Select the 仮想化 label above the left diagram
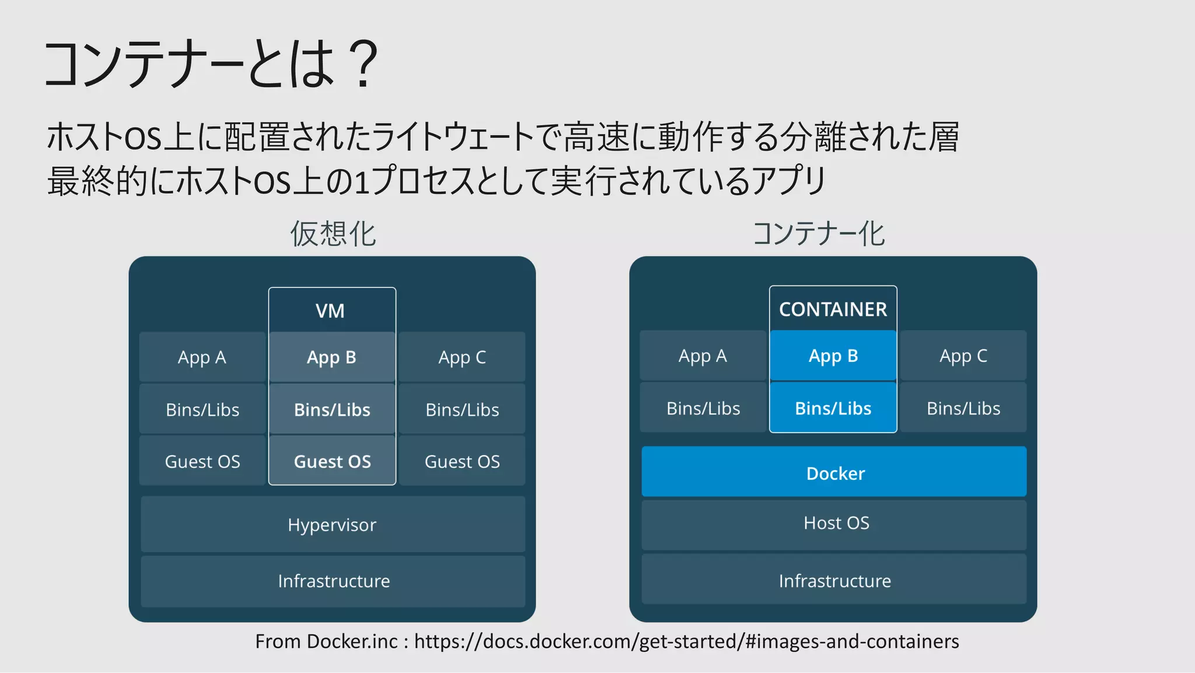pos(333,234)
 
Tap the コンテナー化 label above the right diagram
pos(818,234)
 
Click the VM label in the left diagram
pos(330,311)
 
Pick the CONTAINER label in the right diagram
pos(833,309)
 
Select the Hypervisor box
pos(333,524)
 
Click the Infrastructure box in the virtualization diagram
pos(333,581)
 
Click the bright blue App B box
pos(833,355)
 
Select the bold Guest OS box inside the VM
pos(332,461)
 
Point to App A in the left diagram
pos(202,357)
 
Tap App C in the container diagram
pos(963,355)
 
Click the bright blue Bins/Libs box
pos(833,408)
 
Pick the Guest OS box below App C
pos(462,461)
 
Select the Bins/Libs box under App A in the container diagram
pos(703,408)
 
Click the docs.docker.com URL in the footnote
pos(686,641)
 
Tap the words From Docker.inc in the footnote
pos(326,641)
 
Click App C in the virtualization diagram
pos(462,357)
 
